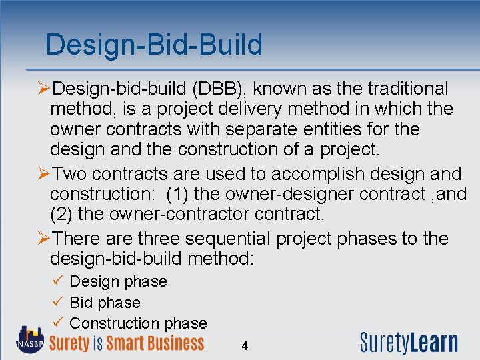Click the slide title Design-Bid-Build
[154, 45]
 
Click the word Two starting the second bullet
[69, 174]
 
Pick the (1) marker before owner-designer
[178, 194]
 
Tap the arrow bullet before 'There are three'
[43, 239]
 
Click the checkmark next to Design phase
[57, 281]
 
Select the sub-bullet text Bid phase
[105, 303]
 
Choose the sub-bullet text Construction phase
[138, 323]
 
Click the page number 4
[245, 346]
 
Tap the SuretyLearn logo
[409, 342]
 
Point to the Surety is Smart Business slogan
[127, 343]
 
